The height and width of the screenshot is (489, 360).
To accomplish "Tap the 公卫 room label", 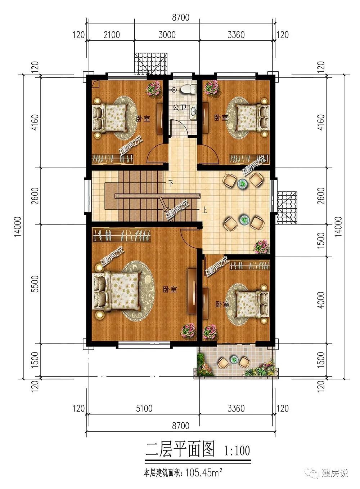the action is click(180, 107).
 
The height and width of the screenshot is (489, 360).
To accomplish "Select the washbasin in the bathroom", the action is click(193, 112).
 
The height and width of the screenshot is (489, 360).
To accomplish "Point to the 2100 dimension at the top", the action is click(112, 35).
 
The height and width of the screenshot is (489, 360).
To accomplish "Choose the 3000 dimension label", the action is click(167, 35).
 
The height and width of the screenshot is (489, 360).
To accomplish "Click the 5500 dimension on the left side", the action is click(35, 284).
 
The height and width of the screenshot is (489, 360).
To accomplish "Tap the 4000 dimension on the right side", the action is click(321, 300).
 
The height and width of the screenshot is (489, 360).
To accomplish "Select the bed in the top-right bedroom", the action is click(253, 118).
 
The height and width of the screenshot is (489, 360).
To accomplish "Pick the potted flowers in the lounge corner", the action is click(262, 247).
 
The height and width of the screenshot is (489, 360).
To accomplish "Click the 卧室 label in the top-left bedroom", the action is click(143, 119).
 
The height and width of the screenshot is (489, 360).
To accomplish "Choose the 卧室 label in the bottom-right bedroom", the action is click(222, 304).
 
